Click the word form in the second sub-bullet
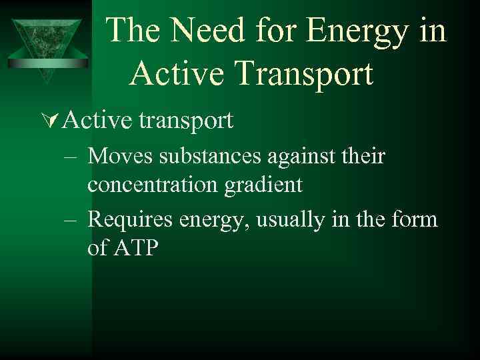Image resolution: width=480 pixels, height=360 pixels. tap(415, 219)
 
